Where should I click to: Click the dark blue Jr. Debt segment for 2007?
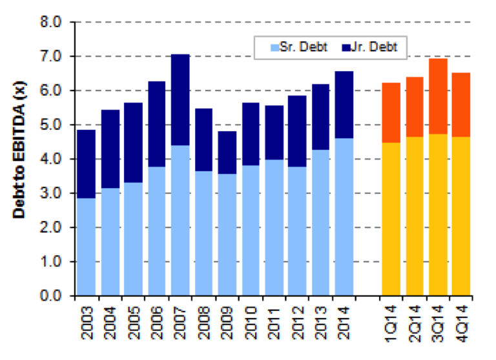coord(180,100)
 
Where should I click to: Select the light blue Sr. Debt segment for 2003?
coord(86,247)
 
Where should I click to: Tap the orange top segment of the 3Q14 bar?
coord(438,96)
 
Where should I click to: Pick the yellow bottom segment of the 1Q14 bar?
coord(391,219)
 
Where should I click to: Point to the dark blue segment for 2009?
coord(227,153)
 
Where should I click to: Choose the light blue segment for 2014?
coord(344,217)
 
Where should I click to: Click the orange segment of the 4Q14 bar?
coord(461,105)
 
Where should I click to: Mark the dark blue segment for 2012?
coord(297,131)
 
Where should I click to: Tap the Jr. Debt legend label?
coord(374,47)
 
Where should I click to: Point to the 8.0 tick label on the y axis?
coord(50,22)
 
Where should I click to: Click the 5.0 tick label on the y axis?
coord(50,125)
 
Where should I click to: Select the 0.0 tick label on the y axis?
coord(50,296)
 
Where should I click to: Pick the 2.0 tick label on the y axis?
coord(50,228)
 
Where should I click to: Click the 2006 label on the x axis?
coord(157,323)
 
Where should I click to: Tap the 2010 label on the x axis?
coord(251,323)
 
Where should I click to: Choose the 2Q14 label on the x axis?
coord(415,323)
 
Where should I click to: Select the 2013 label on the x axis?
coord(321,323)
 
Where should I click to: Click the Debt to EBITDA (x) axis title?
coord(19,150)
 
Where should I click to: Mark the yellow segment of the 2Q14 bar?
coord(415,217)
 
